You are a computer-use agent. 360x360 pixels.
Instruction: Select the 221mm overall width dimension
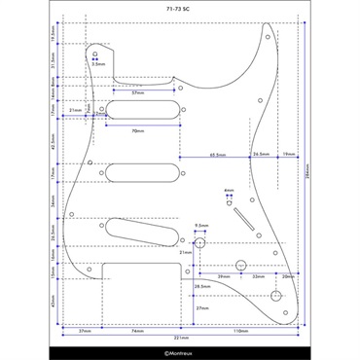(181, 338)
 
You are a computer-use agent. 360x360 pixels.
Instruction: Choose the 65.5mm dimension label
(218, 154)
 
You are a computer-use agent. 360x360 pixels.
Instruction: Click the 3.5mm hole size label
(98, 64)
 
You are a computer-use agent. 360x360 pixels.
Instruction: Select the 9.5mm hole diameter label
(201, 223)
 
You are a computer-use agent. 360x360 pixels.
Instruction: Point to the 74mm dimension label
(137, 330)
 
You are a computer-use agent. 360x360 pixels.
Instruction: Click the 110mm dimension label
(240, 330)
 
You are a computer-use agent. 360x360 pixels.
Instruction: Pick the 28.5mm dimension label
(201, 287)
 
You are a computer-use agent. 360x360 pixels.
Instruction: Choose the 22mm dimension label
(258, 277)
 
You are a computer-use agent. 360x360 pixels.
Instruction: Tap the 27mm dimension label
(202, 307)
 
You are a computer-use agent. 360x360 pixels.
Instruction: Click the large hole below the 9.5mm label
(199, 243)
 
